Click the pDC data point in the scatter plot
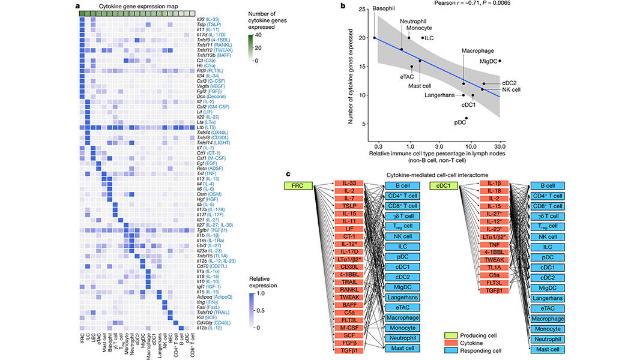tap(466, 119)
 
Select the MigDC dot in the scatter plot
tap(500, 61)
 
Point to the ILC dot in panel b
tap(423, 38)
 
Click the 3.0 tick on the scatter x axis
tap(439, 146)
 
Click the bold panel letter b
tap(343, 6)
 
